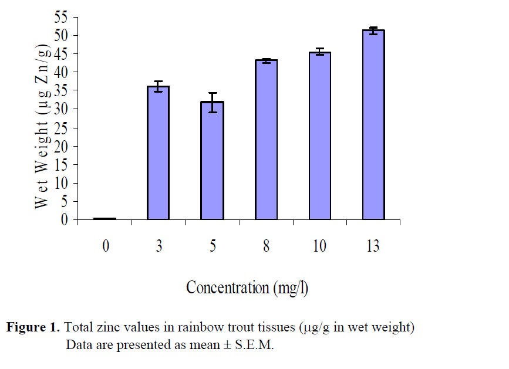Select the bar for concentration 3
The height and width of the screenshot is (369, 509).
pos(158,153)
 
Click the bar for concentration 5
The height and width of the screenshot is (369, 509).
pos(212,161)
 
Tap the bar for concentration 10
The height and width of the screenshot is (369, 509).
pos(319,136)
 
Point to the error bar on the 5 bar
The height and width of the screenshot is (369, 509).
pos(212,102)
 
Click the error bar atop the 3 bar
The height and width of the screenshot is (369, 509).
pos(158,86)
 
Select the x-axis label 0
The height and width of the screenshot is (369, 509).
pos(106,246)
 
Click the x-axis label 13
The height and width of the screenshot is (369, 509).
pos(373,246)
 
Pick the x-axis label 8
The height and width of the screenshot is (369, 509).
pos(266,246)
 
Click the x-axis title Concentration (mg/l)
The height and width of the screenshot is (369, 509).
pos(247,287)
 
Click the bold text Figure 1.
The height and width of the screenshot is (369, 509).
pos(33,327)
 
